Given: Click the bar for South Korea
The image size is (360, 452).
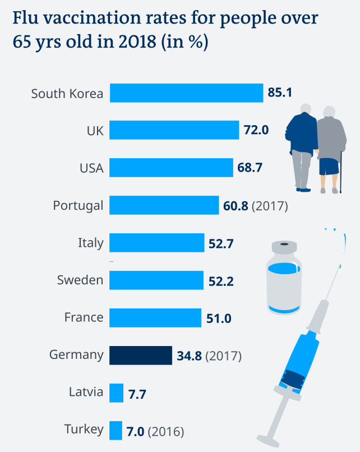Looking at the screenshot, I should tap(186, 93).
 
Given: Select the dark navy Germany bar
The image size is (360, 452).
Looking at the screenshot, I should tap(140, 355).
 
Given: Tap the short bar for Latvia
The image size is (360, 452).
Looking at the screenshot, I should tap(117, 393).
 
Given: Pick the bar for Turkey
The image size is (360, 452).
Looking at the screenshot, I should tap(116, 430).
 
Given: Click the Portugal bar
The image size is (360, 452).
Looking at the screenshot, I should tap(164, 205).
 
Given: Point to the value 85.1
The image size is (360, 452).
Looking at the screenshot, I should tap(280, 93).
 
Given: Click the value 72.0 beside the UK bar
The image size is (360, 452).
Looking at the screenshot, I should tap(256, 131).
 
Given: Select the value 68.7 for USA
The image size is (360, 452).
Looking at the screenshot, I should tap(250, 168).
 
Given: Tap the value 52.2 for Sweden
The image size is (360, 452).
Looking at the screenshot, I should tap(221, 280).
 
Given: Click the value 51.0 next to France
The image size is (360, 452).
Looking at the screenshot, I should tap(219, 318).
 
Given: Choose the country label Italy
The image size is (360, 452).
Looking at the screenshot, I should tap(90, 243).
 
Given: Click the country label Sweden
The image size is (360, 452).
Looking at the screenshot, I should tap(80, 280).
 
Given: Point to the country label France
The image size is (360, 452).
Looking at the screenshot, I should tap(84, 317).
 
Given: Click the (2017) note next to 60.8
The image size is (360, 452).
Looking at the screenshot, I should tap(270, 206).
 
